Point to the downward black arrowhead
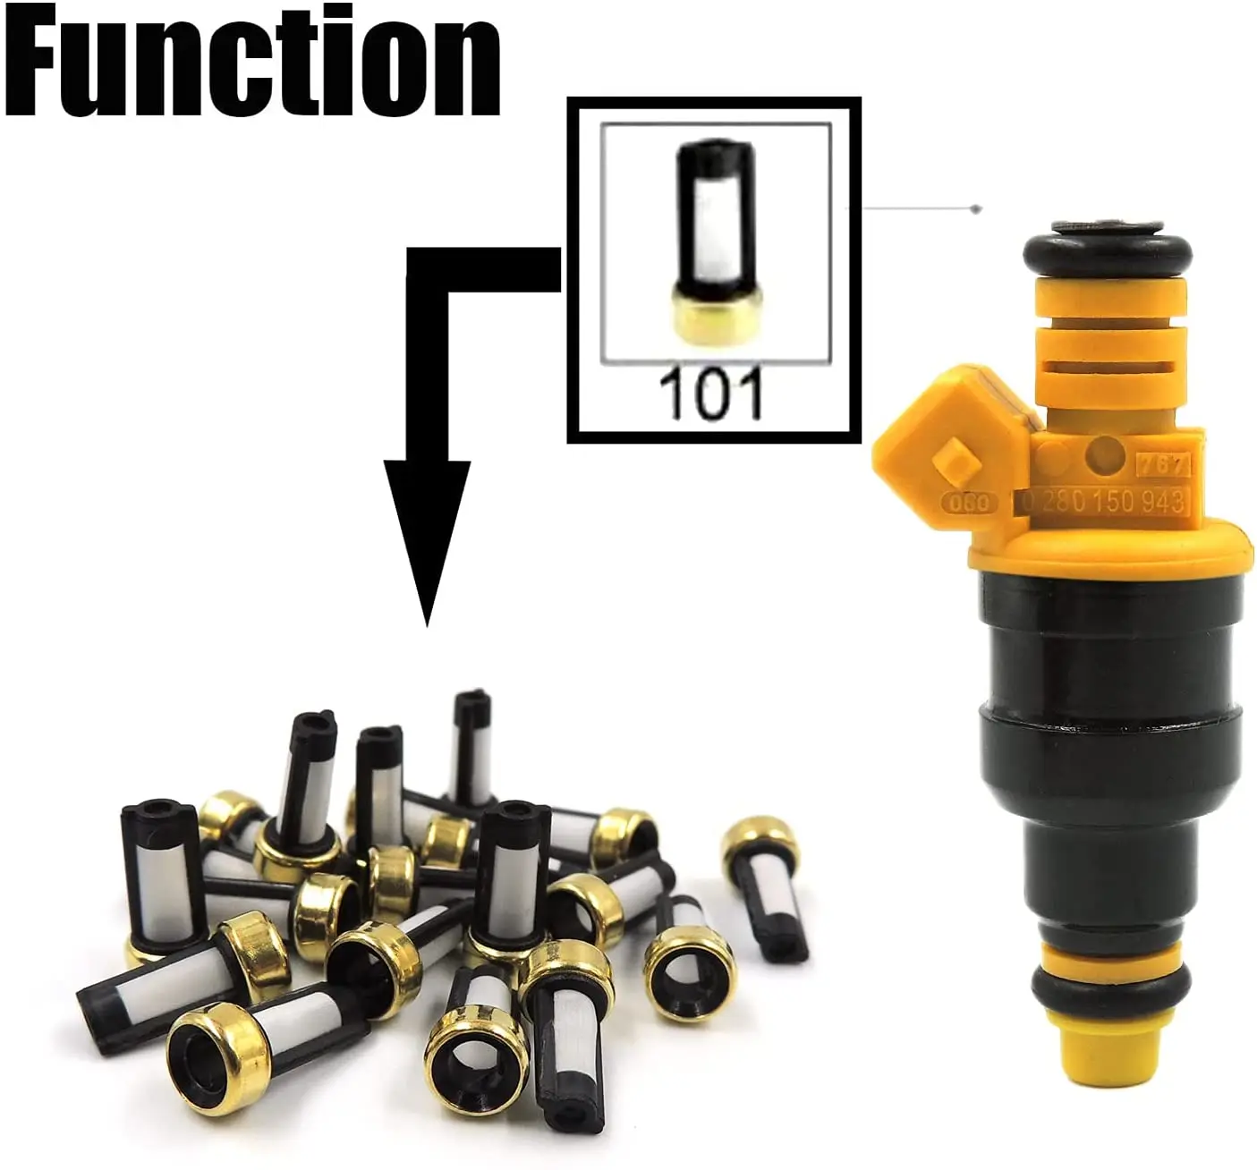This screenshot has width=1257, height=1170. [427, 537]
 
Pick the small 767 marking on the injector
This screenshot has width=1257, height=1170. [1162, 465]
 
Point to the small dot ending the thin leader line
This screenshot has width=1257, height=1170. [977, 209]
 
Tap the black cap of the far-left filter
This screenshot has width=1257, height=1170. [146, 817]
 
